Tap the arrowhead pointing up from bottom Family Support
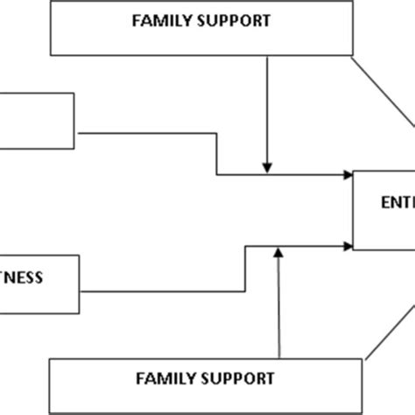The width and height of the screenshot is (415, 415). [278, 255]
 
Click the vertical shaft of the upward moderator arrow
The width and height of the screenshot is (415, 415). [278, 306]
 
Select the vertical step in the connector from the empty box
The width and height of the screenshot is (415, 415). [217, 153]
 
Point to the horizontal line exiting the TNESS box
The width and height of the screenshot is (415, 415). [158, 290]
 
